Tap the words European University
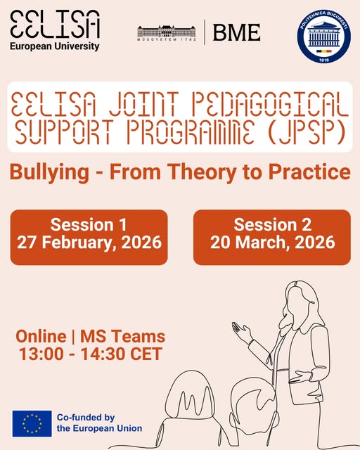55,46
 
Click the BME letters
236,32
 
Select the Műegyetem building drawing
167,32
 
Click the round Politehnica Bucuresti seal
324,36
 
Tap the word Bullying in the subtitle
49,172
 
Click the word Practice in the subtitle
309,172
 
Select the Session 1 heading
89,225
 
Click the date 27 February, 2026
89,243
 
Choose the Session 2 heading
272,225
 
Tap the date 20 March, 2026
272,243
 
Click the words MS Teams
122,336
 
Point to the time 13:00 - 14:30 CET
91,354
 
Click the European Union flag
32,423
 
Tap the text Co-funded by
86,418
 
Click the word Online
41,336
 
